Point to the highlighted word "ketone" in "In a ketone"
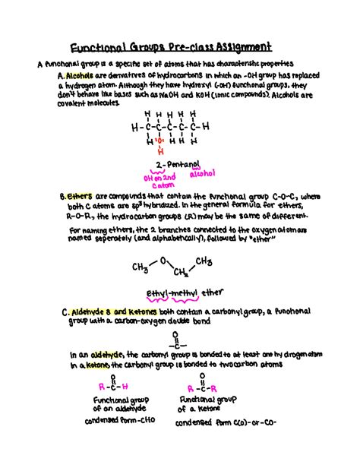[x=99, y=365]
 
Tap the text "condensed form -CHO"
[x=116, y=419]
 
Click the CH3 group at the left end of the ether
[x=139, y=267]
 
